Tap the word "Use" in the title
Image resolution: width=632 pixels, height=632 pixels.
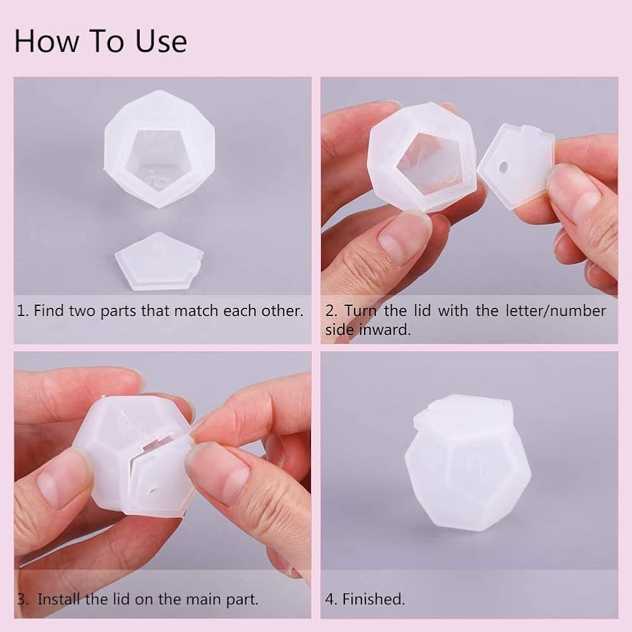pyautogui.click(x=161, y=41)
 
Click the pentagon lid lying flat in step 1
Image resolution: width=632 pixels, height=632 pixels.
pyautogui.click(x=159, y=260)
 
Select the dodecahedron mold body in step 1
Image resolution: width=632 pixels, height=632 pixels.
pyautogui.click(x=159, y=149)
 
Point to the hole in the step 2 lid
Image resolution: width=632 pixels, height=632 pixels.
pyautogui.click(x=504, y=166)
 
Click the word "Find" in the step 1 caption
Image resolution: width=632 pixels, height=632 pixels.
pyautogui.click(x=49, y=311)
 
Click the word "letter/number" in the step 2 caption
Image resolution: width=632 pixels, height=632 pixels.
pyautogui.click(x=556, y=311)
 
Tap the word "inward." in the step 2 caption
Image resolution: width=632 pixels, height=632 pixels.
pyautogui.click(x=385, y=330)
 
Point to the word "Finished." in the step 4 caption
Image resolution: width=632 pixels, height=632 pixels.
pyautogui.click(x=374, y=599)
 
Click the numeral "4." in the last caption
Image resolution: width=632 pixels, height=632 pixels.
pyautogui.click(x=331, y=599)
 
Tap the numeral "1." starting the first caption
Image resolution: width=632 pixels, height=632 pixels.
pyautogui.click(x=22, y=311)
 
